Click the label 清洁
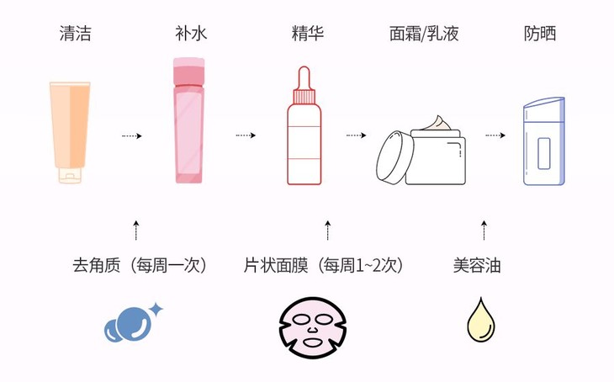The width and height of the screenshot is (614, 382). click(75, 34)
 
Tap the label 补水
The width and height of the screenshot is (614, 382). click(190, 34)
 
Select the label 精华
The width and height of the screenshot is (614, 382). click(306, 34)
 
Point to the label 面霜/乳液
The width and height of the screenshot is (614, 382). click(425, 34)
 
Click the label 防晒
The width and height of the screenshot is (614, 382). click(539, 34)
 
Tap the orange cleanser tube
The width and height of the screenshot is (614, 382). click(70, 130)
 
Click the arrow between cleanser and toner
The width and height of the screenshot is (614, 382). click(131, 135)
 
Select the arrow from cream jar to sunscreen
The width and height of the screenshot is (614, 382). click(495, 135)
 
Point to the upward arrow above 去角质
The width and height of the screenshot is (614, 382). click(136, 230)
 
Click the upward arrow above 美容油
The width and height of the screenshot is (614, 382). click(484, 230)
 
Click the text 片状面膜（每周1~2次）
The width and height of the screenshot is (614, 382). click(324, 265)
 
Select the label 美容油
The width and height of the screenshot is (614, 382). click(477, 265)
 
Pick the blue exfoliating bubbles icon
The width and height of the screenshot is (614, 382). click(130, 323)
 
